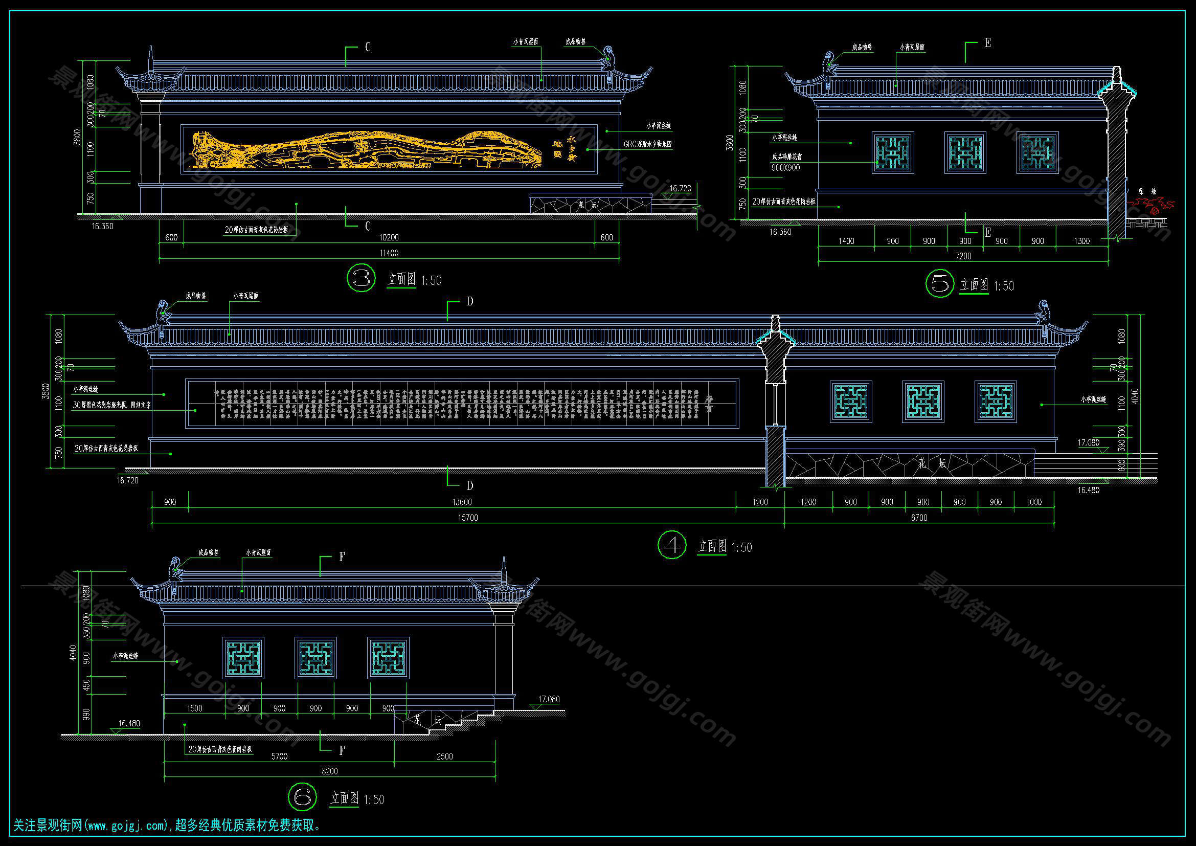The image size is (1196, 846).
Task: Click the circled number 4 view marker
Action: [x=672, y=545]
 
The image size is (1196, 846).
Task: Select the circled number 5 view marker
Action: [x=940, y=283]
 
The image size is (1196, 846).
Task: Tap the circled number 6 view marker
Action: [x=302, y=796]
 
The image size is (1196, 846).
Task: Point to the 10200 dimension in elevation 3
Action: [x=389, y=237]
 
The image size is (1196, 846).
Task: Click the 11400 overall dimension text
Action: [x=389, y=253]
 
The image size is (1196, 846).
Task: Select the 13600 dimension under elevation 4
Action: [x=462, y=502]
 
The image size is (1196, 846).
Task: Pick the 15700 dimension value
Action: [x=467, y=518]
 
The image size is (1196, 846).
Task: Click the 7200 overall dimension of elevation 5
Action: [x=963, y=256]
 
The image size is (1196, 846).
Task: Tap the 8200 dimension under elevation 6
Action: [x=329, y=771]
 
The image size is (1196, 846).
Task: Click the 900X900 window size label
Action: [x=785, y=168]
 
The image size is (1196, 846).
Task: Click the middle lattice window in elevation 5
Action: [x=965, y=152]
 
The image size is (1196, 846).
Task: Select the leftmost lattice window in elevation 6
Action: [x=243, y=658]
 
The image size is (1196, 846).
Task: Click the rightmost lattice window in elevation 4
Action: [x=996, y=401]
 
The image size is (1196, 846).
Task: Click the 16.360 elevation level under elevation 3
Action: [x=103, y=226]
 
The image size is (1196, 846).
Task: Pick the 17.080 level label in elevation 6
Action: [x=549, y=699]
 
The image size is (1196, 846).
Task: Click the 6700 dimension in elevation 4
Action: [x=919, y=518]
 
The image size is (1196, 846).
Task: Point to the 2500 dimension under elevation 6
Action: [x=444, y=756]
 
